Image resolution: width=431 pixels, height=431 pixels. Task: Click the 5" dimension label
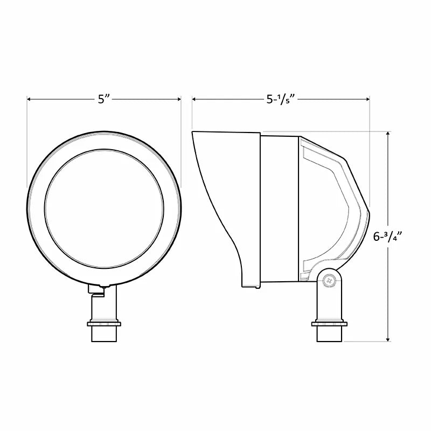tap(103, 100)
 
